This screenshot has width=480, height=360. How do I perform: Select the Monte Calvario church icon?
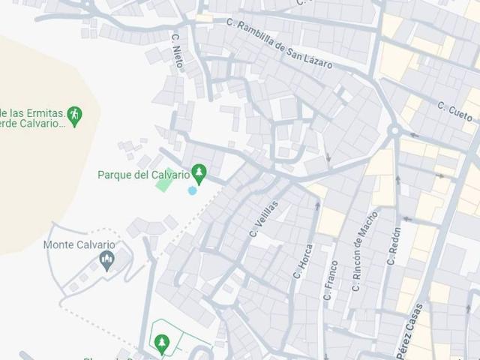click(x=106, y=260)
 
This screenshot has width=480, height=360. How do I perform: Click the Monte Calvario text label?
click(x=79, y=244)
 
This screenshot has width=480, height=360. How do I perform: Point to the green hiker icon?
click(x=74, y=115)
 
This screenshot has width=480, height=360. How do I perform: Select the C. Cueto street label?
click(x=455, y=112)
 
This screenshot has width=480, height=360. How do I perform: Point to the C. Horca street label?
click(x=302, y=262)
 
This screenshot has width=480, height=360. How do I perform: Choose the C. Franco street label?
click(x=328, y=279)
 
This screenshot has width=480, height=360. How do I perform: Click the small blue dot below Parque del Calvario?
click(x=193, y=190)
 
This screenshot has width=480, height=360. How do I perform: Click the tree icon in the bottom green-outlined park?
click(x=161, y=343)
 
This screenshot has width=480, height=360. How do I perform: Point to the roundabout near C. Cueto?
click(x=393, y=131)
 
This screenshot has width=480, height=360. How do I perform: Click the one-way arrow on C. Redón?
click(x=398, y=180)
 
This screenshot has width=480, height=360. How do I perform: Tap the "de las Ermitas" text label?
click(x=34, y=111)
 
